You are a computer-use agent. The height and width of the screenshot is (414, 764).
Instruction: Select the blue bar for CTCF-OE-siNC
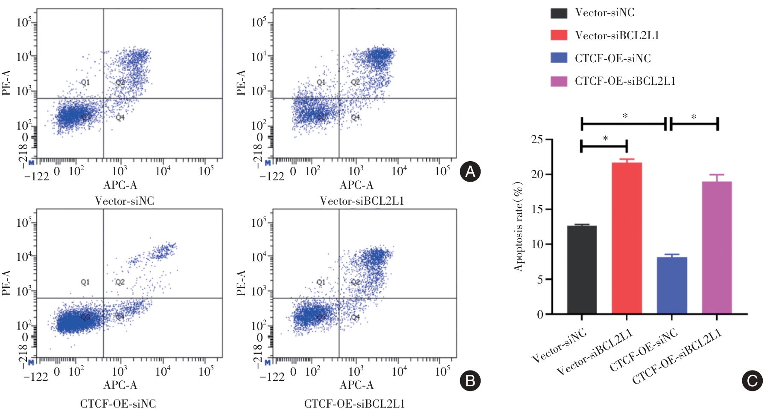click(672, 285)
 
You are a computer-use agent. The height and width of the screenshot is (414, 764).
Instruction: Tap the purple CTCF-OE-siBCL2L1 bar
click(717, 248)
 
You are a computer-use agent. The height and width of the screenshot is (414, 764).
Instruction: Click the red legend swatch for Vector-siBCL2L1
click(559, 35)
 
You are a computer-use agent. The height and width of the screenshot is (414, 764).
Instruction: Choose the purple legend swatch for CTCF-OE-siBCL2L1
click(559, 81)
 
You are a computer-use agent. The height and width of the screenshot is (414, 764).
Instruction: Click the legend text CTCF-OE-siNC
click(612, 58)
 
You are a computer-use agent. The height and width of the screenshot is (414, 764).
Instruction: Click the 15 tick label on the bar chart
click(537, 209)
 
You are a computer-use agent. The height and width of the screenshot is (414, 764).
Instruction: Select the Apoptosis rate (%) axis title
click(518, 226)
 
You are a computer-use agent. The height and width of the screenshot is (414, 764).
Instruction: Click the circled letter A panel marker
click(470, 171)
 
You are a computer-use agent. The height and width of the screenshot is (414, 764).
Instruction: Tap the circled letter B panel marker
click(470, 380)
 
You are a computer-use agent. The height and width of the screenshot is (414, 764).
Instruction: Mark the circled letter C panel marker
click(752, 381)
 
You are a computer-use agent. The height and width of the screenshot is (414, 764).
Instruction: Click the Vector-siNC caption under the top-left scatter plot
click(124, 201)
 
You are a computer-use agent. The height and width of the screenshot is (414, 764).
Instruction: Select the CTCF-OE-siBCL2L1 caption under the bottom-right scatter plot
click(354, 403)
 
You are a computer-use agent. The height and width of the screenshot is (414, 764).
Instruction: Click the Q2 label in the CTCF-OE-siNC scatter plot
click(120, 282)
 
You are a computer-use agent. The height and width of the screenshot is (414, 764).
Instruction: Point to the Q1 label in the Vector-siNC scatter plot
click(85, 82)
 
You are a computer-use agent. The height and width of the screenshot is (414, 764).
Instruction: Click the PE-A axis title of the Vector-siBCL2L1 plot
click(241, 83)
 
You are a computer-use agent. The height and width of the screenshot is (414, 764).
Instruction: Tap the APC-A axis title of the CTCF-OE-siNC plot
click(120, 385)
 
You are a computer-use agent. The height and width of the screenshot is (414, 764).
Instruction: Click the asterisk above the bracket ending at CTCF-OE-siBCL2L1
click(694, 117)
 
